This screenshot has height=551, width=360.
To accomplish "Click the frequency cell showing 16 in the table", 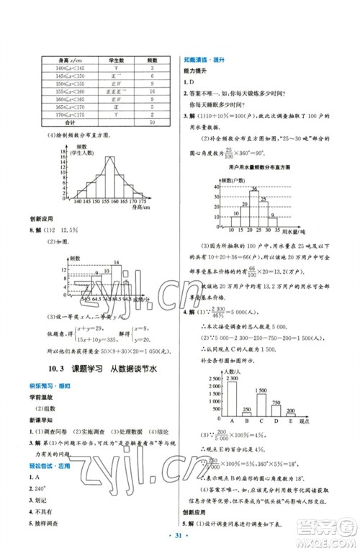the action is pyautogui.click(x=153, y=92).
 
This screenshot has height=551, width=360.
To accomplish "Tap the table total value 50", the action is pyautogui.click(x=153, y=122).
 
